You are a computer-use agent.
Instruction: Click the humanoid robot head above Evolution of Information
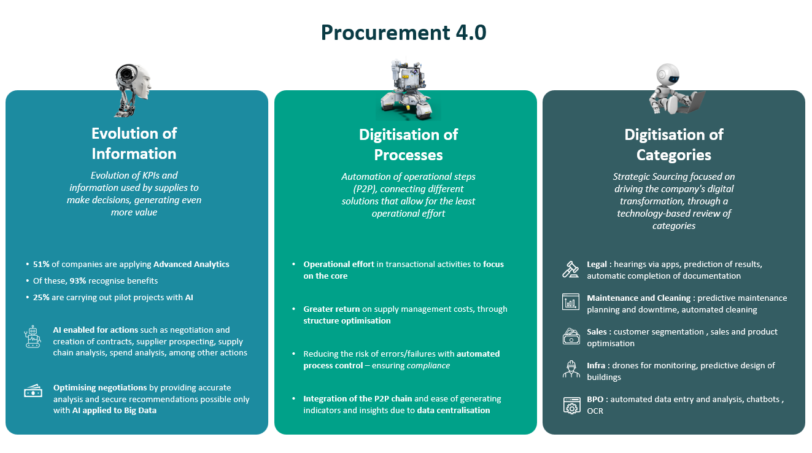(133, 89)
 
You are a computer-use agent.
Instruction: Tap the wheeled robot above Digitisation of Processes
(408, 90)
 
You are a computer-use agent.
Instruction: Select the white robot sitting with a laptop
(674, 90)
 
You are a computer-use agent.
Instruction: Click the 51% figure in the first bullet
(41, 265)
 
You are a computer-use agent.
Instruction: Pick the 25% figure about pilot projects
(41, 297)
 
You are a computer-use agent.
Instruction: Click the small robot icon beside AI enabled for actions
(33, 338)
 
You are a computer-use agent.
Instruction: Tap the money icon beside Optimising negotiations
(33, 391)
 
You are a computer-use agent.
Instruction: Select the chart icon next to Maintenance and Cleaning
(571, 301)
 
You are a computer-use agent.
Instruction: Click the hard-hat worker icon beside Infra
(571, 369)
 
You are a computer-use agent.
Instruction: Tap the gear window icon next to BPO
(571, 405)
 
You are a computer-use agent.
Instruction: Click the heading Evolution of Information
(134, 144)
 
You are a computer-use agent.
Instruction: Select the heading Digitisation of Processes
(408, 145)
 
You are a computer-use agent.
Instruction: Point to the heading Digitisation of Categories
(673, 145)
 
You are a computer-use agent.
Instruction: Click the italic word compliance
(428, 366)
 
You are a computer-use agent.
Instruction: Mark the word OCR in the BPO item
(595, 411)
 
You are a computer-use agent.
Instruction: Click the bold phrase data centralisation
(454, 411)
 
